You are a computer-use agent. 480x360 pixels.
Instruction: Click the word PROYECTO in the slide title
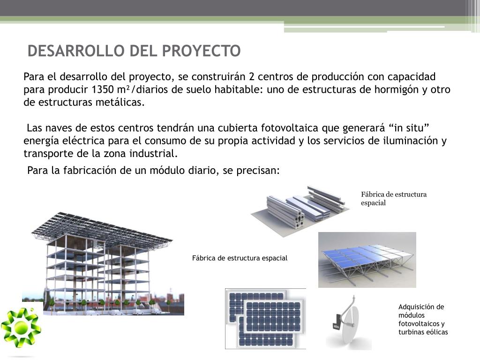click(x=201, y=51)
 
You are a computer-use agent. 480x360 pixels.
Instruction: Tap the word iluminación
click(x=410, y=141)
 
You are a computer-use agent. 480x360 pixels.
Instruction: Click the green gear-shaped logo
click(x=21, y=328)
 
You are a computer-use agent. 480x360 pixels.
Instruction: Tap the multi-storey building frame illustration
click(x=103, y=263)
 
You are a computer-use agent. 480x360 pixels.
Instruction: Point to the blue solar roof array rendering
click(x=367, y=260)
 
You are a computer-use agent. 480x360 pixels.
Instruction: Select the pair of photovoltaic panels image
click(x=265, y=318)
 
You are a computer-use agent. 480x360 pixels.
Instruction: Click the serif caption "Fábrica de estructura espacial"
click(x=394, y=199)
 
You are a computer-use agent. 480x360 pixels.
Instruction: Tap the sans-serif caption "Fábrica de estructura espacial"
click(x=240, y=258)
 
